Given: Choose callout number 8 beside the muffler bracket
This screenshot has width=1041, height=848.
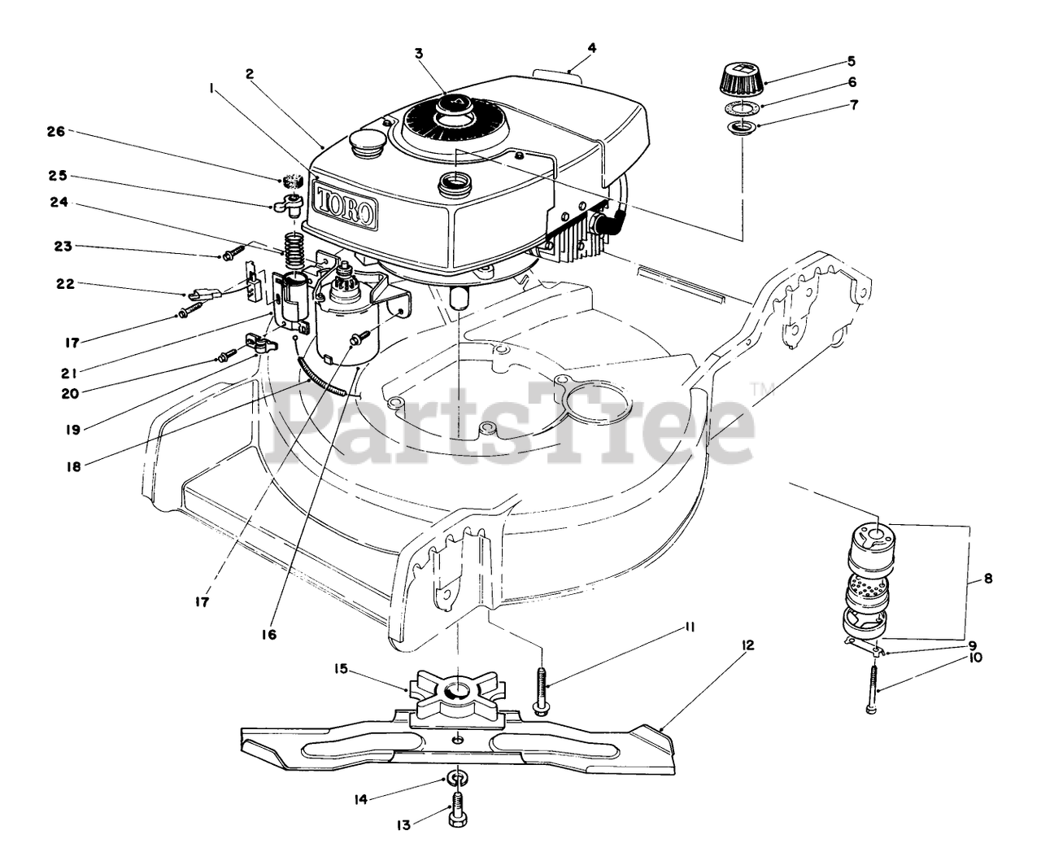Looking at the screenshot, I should (x=988, y=580).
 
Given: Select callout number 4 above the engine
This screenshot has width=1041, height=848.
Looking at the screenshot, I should (x=592, y=47).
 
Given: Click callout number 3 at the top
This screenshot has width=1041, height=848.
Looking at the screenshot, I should (x=419, y=54).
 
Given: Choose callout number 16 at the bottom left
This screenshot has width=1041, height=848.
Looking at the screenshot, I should (x=269, y=634).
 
